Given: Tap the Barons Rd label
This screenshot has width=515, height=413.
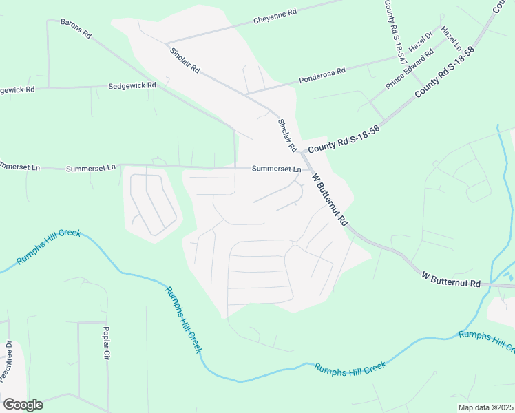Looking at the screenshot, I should click(x=76, y=28).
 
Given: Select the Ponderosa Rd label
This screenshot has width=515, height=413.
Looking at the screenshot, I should click(x=322, y=75).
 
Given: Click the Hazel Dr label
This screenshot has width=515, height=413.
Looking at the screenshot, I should click(x=421, y=42).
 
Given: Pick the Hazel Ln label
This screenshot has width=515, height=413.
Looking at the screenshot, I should click(x=451, y=39).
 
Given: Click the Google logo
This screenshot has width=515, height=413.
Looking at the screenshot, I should click(x=23, y=404).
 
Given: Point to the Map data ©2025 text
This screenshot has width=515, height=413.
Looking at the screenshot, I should click(x=485, y=407).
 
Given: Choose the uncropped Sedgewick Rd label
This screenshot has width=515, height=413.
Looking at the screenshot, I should click(x=132, y=86).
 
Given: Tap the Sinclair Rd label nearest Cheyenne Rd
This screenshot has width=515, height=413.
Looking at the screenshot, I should click(x=184, y=60).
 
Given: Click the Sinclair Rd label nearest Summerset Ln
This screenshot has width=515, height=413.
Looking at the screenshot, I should click(x=286, y=136).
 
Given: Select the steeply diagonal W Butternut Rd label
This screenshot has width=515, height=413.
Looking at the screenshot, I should click(x=329, y=200).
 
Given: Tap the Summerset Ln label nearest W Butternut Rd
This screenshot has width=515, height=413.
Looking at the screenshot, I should click(x=276, y=169).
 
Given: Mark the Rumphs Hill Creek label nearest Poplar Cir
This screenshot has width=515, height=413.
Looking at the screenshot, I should click(x=183, y=319).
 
